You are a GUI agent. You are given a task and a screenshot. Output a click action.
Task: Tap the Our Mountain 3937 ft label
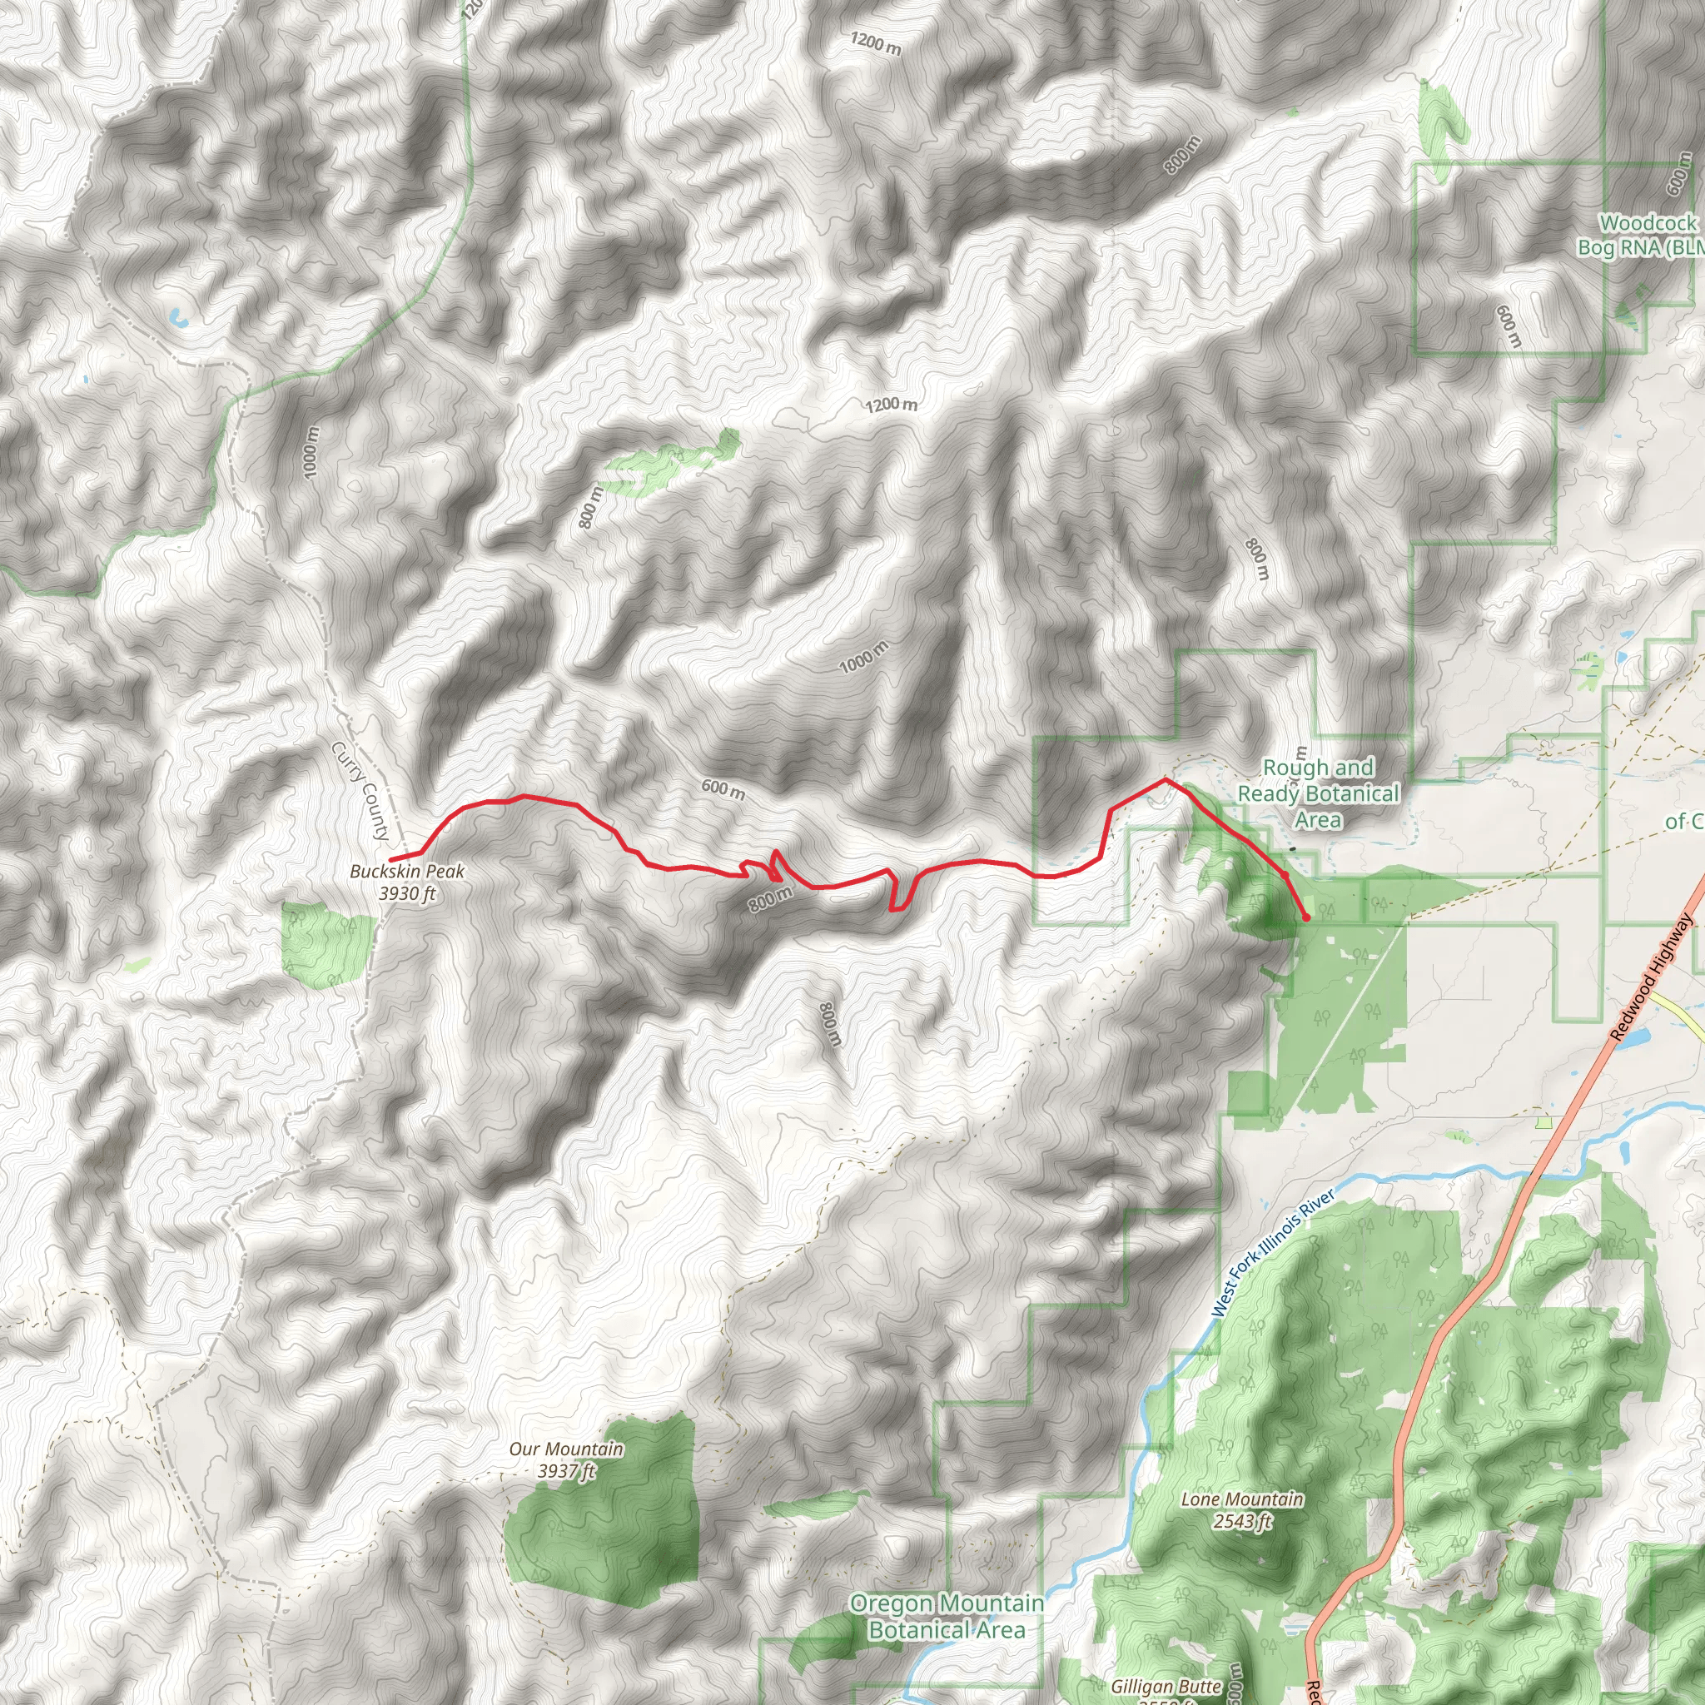565,1459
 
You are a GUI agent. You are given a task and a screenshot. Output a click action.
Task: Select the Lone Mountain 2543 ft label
1241,1510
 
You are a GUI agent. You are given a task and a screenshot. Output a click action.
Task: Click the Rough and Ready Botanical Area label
1318,793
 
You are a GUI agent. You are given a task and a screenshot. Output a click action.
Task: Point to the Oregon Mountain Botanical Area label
946,1616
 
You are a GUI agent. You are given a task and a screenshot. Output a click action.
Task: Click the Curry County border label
360,791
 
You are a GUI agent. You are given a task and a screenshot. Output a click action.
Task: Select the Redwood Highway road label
1651,977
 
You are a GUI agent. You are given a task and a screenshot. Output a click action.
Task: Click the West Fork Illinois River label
1273,1253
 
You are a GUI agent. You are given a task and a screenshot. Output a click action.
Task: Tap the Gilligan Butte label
1166,1687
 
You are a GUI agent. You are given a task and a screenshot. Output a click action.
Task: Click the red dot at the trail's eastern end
1305,917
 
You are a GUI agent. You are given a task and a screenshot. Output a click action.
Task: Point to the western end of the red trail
391,858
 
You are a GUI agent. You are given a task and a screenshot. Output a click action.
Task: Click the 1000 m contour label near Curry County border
309,453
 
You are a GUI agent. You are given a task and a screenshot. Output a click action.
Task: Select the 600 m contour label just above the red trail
723,789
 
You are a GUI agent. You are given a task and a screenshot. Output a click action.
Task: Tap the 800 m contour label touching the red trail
770,899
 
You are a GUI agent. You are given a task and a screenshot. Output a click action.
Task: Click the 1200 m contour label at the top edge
876,42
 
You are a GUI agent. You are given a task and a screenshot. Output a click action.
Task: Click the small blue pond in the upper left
176,317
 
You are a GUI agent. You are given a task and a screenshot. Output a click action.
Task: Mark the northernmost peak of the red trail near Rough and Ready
1165,778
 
